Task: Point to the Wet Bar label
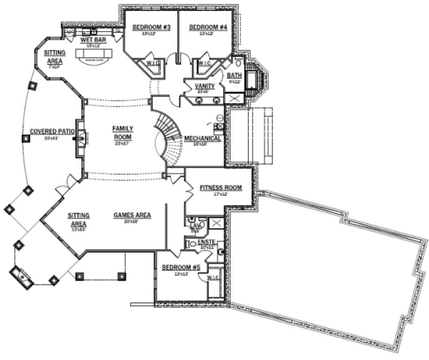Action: [x=93, y=40]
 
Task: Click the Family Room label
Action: [x=123, y=133]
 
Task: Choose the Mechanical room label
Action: [x=202, y=138]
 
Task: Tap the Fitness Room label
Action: [x=220, y=188]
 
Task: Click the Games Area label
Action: [x=132, y=215]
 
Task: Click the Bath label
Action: [x=234, y=75]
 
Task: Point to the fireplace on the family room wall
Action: [x=81, y=138]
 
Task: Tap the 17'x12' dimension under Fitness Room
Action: [x=220, y=194]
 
